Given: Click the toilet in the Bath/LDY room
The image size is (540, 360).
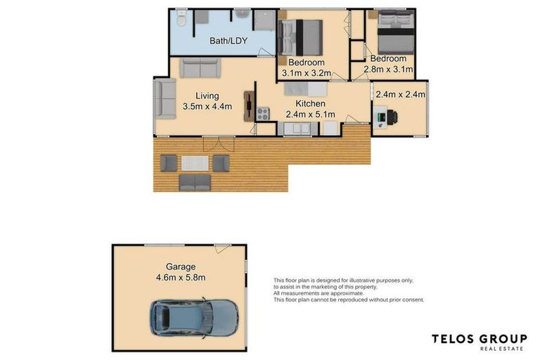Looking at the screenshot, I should coord(181,19).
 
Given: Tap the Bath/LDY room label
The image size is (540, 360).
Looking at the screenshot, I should coord(227,41).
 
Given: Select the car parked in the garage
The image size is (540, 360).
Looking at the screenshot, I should coord(194,317).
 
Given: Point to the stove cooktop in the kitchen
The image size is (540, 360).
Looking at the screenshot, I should coord(263,112).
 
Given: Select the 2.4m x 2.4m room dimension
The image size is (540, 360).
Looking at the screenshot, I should coord(400,94).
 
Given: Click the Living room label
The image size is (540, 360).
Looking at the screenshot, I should coord(207,96).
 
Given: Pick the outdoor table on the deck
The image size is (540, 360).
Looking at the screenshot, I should coord(195,163).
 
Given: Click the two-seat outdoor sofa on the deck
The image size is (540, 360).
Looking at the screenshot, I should coord(195,182).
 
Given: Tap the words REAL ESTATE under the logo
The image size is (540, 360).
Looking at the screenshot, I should coord(502,349).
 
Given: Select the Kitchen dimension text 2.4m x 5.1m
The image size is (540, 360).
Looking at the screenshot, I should coord(310,115).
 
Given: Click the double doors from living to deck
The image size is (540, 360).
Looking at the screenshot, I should coord(219,143).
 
